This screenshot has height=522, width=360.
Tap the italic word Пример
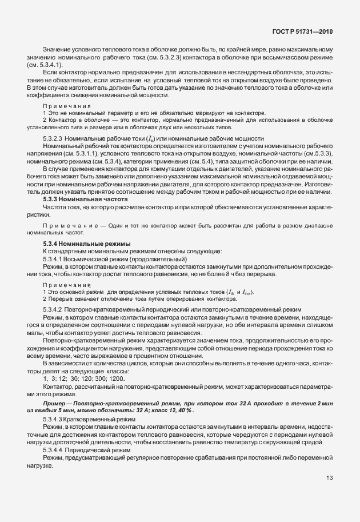[x=54, y=404]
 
